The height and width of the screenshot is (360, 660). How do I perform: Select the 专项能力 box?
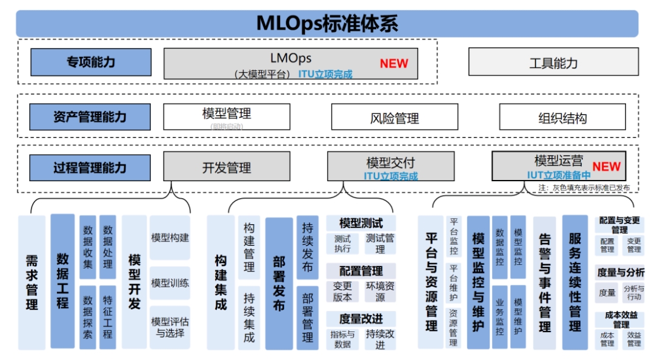(91, 62)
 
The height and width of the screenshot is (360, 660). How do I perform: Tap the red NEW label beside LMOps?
(394, 63)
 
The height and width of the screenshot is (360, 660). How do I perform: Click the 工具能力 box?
(553, 62)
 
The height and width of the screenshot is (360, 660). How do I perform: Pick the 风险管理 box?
(395, 118)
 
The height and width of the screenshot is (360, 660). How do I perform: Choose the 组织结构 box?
(562, 118)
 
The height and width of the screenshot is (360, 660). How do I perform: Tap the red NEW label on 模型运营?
(607, 167)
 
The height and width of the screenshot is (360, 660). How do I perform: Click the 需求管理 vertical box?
(32, 282)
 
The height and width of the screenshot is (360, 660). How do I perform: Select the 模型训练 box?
(170, 282)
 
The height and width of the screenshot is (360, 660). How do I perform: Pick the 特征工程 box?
(107, 316)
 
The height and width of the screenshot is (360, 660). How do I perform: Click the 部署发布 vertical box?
(279, 283)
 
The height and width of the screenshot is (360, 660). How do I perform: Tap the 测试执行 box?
(342, 244)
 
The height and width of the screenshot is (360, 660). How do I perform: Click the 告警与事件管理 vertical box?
(545, 282)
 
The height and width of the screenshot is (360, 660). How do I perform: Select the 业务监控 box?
(500, 316)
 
